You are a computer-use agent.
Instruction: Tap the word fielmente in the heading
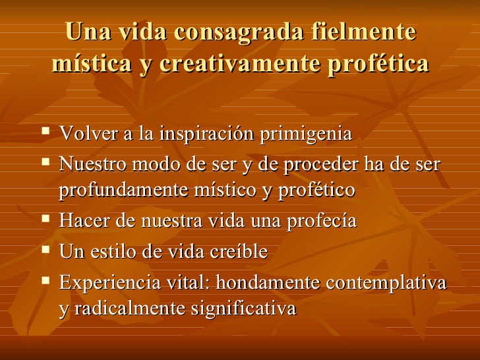coord(364,31)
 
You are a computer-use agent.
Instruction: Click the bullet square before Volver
coord(45,131)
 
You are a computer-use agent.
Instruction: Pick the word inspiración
coord(206,134)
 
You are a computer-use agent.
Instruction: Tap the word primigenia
coord(306,134)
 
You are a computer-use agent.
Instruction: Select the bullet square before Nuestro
coord(45,161)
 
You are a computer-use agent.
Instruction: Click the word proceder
coord(321,164)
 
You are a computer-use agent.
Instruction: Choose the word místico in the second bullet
coord(225,189)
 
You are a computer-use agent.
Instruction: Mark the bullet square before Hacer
coord(45,218)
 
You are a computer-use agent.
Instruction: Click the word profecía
coord(322,221)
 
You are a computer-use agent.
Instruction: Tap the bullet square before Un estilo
coord(45,249)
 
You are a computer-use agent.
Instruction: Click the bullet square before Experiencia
coord(45,280)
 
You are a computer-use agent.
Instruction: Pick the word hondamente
coord(268,282)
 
